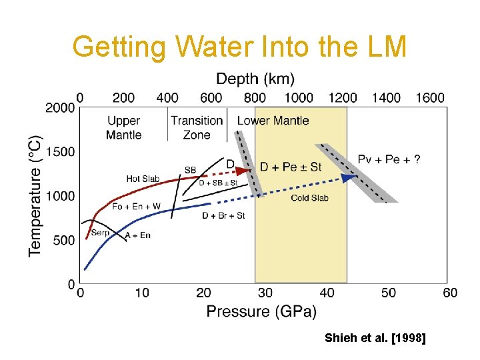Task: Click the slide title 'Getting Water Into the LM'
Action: (239, 47)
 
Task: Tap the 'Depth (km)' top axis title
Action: (255, 79)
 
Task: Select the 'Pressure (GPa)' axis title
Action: (261, 311)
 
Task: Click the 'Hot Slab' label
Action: (143, 179)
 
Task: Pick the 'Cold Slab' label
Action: (309, 198)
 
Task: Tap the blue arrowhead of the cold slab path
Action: (347, 177)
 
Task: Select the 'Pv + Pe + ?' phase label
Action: (389, 159)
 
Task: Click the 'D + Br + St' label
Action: (223, 215)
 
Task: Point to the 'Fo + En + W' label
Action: (136, 207)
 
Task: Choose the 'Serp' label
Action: (100, 233)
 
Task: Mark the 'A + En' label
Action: (137, 235)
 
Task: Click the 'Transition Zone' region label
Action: (196, 127)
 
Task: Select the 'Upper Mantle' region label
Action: (123, 127)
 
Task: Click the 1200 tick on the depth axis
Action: (343, 98)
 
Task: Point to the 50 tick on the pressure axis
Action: (389, 293)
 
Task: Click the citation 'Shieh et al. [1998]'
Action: (375, 339)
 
